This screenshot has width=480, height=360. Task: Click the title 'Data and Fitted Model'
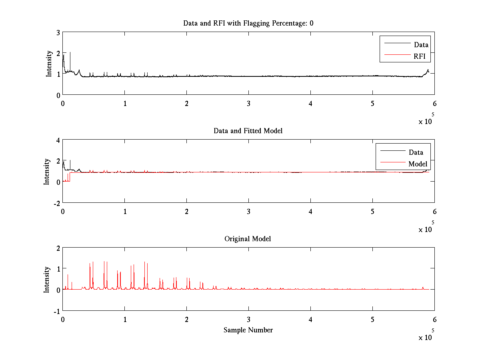click(x=248, y=131)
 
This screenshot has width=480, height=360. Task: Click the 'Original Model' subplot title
click(x=248, y=239)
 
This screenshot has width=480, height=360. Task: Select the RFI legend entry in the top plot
click(x=422, y=56)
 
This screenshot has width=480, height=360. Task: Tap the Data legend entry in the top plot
click(x=421, y=44)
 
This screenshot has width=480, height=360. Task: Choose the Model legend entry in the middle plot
click(x=418, y=164)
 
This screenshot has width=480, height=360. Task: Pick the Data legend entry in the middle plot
click(x=416, y=152)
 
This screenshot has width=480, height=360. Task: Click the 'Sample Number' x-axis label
click(x=248, y=330)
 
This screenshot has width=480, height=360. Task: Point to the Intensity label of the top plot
click(x=49, y=63)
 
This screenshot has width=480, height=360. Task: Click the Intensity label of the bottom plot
click(x=47, y=279)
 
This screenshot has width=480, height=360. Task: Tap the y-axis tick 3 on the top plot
click(x=59, y=32)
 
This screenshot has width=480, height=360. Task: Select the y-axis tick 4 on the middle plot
click(x=58, y=140)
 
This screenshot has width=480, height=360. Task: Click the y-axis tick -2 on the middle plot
click(x=56, y=203)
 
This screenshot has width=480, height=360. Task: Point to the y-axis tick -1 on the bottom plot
click(x=56, y=311)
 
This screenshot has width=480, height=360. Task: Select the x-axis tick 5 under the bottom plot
click(x=372, y=319)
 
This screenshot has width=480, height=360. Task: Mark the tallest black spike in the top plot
click(x=70, y=53)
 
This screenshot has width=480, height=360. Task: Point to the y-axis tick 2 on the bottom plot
click(x=59, y=248)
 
